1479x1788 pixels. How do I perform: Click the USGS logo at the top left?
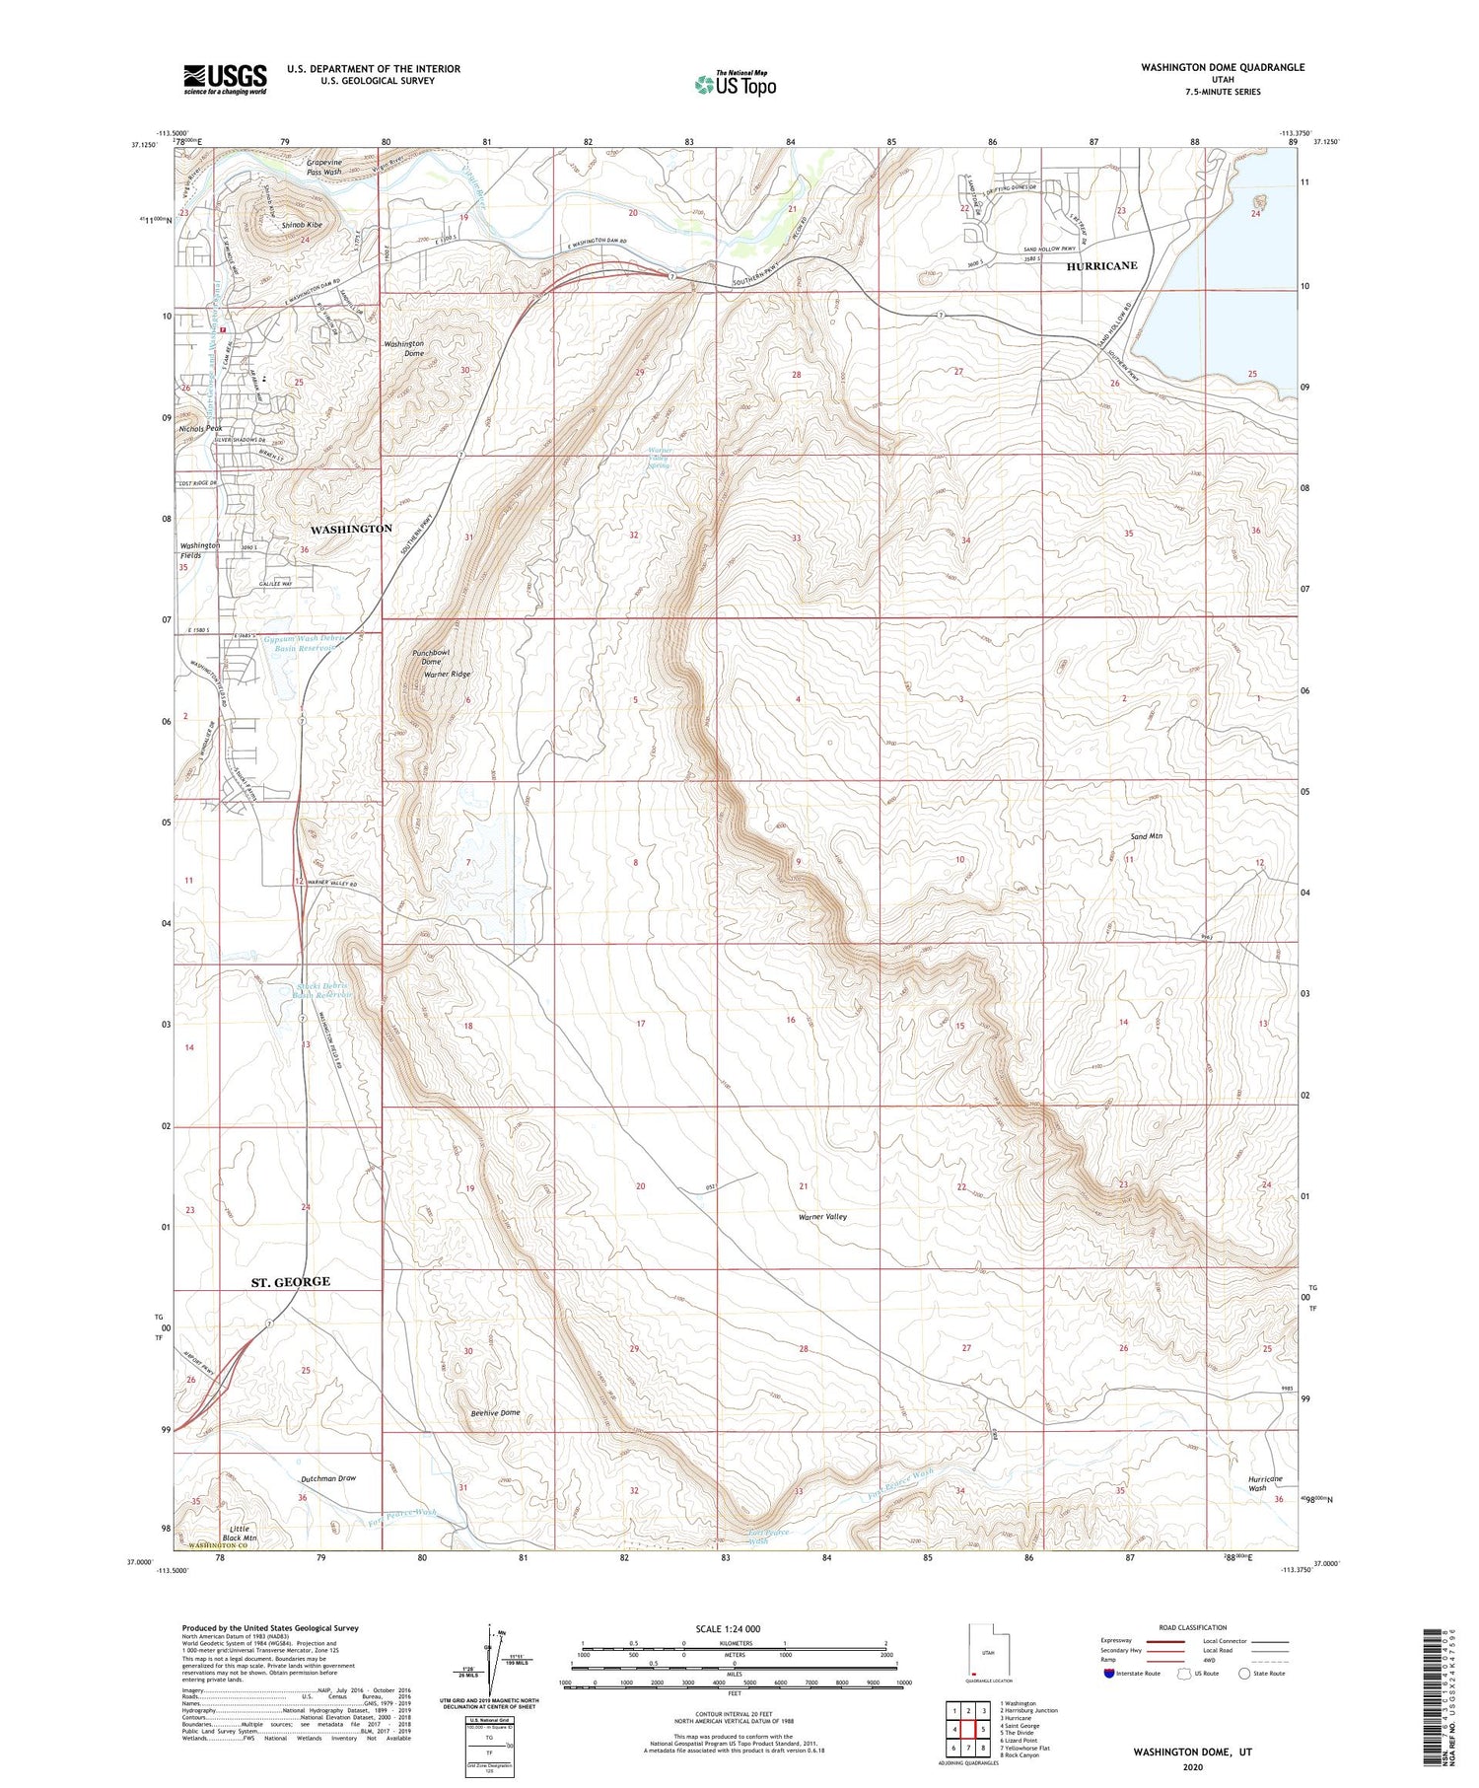tap(225, 79)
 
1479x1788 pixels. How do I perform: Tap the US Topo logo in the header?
tap(735, 85)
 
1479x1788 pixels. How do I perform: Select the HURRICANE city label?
tap(1101, 266)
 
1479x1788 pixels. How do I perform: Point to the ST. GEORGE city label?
tap(290, 1281)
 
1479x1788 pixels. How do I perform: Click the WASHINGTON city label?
tap(351, 529)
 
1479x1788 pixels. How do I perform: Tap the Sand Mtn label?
tap(1146, 836)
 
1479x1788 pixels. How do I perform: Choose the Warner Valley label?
tap(822, 1217)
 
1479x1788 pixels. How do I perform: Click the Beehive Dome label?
tap(495, 1413)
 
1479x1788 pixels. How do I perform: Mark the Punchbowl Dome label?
tap(432, 657)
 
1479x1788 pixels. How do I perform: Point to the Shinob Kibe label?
tap(302, 225)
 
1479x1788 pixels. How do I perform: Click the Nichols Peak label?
tap(200, 429)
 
